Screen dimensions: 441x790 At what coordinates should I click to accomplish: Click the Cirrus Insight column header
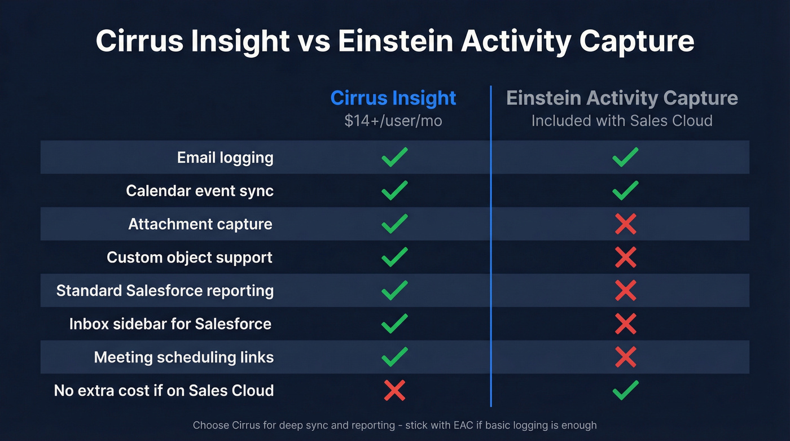coord(393,98)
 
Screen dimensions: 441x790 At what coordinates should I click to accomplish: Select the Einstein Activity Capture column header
coord(622,98)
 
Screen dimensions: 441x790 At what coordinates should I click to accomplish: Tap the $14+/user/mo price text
coord(393,121)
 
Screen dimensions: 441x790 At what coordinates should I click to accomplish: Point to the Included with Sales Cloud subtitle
coord(622,121)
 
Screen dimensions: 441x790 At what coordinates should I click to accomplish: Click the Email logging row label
coord(225,158)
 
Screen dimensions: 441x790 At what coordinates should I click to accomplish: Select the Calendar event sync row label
coord(200,191)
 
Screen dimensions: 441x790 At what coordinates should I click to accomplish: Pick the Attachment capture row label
coord(200,224)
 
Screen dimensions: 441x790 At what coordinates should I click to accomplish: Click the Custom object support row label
coord(190,257)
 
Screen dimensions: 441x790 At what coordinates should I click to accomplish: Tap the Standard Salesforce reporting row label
coord(165,291)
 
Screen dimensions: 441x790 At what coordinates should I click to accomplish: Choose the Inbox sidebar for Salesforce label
coord(170,324)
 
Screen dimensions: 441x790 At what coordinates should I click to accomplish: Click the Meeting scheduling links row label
coord(184,357)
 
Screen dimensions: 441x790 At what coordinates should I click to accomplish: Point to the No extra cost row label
coord(164,391)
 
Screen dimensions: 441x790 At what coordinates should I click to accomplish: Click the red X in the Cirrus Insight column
coord(394,391)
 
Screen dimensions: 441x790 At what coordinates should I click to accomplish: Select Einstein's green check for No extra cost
coord(625,390)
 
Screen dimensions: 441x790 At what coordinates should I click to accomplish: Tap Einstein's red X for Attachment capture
coord(625,224)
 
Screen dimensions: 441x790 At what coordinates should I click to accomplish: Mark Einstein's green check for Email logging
coord(625,157)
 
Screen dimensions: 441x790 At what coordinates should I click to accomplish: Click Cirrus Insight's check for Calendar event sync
coord(394,190)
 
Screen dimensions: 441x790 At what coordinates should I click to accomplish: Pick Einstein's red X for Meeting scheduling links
coord(625,357)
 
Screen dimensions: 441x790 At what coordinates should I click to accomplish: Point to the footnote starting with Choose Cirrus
coord(394,425)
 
